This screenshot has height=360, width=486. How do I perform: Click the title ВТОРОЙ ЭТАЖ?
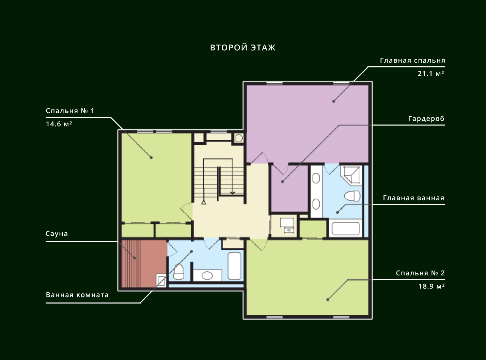(242, 48)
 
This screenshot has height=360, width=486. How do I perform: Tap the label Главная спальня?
(412, 61)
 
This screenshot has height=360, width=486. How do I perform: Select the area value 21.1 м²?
(431, 73)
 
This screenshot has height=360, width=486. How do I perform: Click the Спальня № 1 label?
(70, 111)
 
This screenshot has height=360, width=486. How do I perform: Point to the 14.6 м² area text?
(59, 124)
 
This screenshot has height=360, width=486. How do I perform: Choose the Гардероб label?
(426, 119)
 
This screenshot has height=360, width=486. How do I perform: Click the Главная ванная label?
(413, 198)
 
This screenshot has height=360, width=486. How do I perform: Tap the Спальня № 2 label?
(420, 273)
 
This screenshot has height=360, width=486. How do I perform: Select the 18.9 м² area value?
(432, 286)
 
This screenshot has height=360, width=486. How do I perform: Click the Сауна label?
(57, 234)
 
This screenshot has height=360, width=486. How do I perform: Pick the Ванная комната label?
(77, 295)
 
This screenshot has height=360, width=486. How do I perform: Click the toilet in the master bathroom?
(352, 196)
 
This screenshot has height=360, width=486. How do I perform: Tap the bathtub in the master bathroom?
(346, 228)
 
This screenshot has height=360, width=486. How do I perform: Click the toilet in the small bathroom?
(179, 272)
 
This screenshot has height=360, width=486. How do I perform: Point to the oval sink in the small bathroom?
(207, 276)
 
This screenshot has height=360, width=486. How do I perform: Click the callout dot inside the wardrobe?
(282, 182)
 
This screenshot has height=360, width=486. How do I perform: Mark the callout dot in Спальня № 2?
(328, 300)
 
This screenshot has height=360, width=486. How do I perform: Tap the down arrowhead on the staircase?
(232, 193)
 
